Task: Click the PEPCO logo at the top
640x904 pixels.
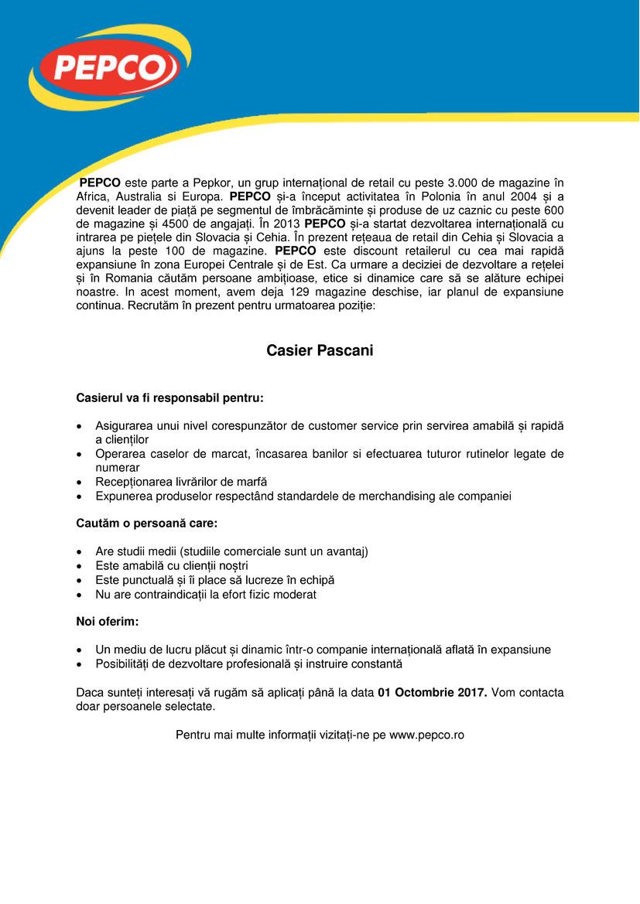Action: pyautogui.click(x=104, y=70)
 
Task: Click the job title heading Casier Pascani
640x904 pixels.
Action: pyautogui.click(x=320, y=351)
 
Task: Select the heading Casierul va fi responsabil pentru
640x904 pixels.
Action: pyautogui.click(x=169, y=398)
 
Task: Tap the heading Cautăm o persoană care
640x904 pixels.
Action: pyautogui.click(x=146, y=524)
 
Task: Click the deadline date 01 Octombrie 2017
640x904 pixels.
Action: pyautogui.click(x=432, y=692)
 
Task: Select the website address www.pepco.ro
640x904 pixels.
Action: pyautogui.click(x=426, y=735)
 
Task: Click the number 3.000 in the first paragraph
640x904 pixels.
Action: pyautogui.click(x=464, y=183)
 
